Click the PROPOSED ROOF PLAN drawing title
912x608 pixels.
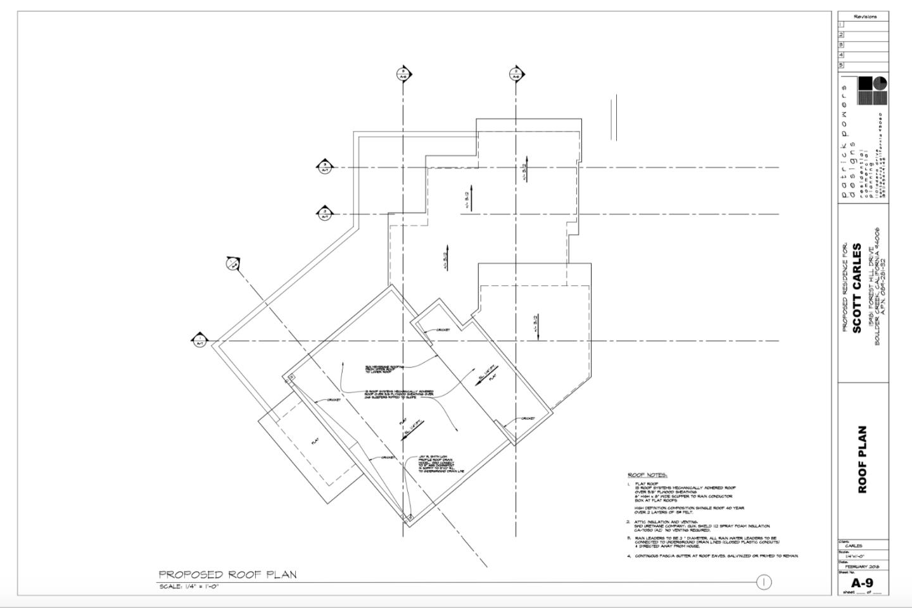(227, 574)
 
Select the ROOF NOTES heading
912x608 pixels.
(647, 475)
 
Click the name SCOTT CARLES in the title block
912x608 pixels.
(857, 288)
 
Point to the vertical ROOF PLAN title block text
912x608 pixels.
(862, 459)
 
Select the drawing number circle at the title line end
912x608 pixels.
(764, 582)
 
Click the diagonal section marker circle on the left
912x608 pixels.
(233, 263)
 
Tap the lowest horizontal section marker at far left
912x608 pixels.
(199, 340)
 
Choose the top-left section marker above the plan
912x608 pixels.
(403, 74)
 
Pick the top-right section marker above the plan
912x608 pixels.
(516, 74)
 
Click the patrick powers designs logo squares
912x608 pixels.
(872, 90)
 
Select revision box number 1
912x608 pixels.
(841, 25)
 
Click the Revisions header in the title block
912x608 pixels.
(865, 16)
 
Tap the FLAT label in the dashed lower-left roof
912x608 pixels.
(315, 442)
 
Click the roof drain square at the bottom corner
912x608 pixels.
(408, 518)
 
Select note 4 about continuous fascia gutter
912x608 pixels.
(716, 555)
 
